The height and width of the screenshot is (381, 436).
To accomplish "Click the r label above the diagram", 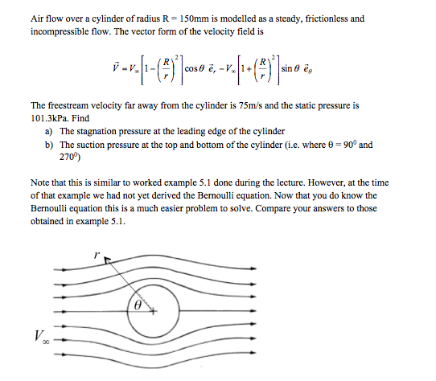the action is (96, 254).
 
